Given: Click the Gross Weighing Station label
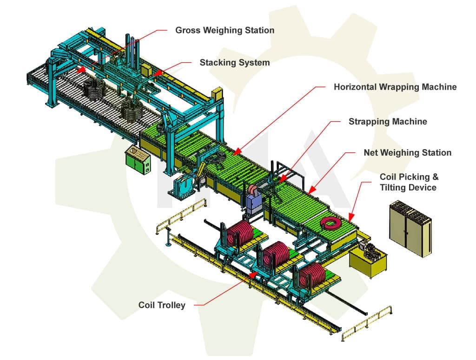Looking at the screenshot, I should pyautogui.click(x=225, y=30).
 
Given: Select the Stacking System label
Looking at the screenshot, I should pyautogui.click(x=234, y=62).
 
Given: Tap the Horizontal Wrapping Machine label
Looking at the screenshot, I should pyautogui.click(x=395, y=87).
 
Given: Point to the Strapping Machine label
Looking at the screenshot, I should pyautogui.click(x=388, y=121).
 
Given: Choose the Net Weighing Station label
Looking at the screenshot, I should pyautogui.click(x=407, y=152).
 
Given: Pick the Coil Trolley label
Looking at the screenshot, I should pyautogui.click(x=162, y=305).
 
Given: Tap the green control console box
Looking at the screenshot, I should pyautogui.click(x=138, y=160).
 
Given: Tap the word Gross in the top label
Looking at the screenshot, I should pyautogui.click(x=187, y=30).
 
